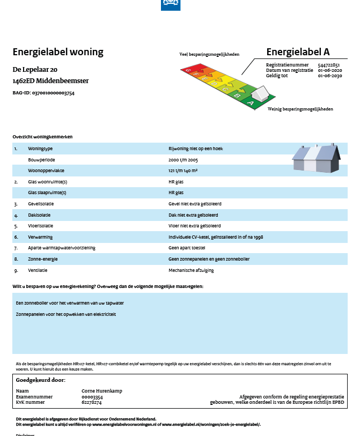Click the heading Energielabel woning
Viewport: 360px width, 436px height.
coord(58,52)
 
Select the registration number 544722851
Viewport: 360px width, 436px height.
coord(328,65)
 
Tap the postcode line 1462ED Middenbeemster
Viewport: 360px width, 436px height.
coord(51,81)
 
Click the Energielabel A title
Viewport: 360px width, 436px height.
coord(298,51)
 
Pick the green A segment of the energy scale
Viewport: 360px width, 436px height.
coord(251,102)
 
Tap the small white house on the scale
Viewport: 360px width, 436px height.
coord(261,94)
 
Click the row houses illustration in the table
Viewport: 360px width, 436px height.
coord(316,158)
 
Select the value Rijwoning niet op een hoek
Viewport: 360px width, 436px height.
coord(195,149)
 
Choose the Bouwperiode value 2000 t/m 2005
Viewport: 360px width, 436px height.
coord(183,160)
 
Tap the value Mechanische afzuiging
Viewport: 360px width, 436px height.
coord(191,270)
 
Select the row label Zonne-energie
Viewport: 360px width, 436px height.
coord(44,259)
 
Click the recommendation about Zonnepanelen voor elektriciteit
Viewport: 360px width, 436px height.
coord(66,314)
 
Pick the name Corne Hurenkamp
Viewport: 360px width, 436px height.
coord(101,391)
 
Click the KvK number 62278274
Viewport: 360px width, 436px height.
coord(91,402)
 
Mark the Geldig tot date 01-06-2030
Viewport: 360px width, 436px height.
coord(329,76)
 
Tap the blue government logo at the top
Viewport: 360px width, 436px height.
coord(171,5)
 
